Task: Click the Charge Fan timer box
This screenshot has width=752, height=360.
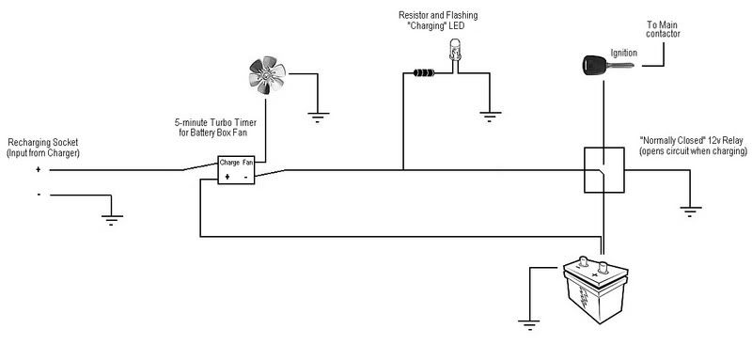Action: [x=236, y=170]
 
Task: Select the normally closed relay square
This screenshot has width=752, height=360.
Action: [x=603, y=169]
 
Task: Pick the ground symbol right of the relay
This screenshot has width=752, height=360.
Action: [x=691, y=210]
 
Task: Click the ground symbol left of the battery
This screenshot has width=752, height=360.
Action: [x=530, y=327]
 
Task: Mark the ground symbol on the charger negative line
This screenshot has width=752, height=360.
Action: [x=113, y=221]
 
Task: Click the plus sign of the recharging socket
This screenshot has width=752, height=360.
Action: [x=39, y=170]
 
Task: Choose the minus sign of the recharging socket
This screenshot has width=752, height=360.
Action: [x=39, y=195]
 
